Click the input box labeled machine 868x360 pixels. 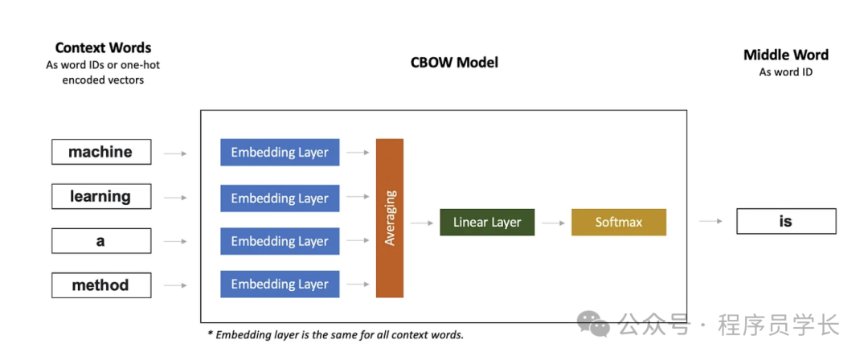(x=100, y=152)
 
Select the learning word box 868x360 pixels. (x=100, y=196)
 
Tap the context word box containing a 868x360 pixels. (x=100, y=241)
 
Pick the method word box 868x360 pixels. (x=100, y=284)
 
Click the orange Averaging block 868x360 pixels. (x=390, y=218)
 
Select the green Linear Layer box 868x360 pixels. (x=487, y=222)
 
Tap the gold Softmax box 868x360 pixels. (x=619, y=222)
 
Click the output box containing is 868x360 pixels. (x=786, y=221)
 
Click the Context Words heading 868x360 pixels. (x=103, y=48)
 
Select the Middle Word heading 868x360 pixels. (x=786, y=55)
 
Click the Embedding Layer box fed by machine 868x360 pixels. (x=280, y=152)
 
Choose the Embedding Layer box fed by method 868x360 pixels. (x=280, y=284)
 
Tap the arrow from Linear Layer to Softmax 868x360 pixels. (x=553, y=223)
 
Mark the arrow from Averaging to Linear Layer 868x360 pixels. (x=422, y=223)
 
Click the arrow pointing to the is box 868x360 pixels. (x=710, y=221)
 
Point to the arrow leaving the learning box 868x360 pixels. (x=175, y=197)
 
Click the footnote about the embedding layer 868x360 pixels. (x=335, y=334)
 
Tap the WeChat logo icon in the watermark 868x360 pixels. (x=596, y=325)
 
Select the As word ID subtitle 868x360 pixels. (x=786, y=72)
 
